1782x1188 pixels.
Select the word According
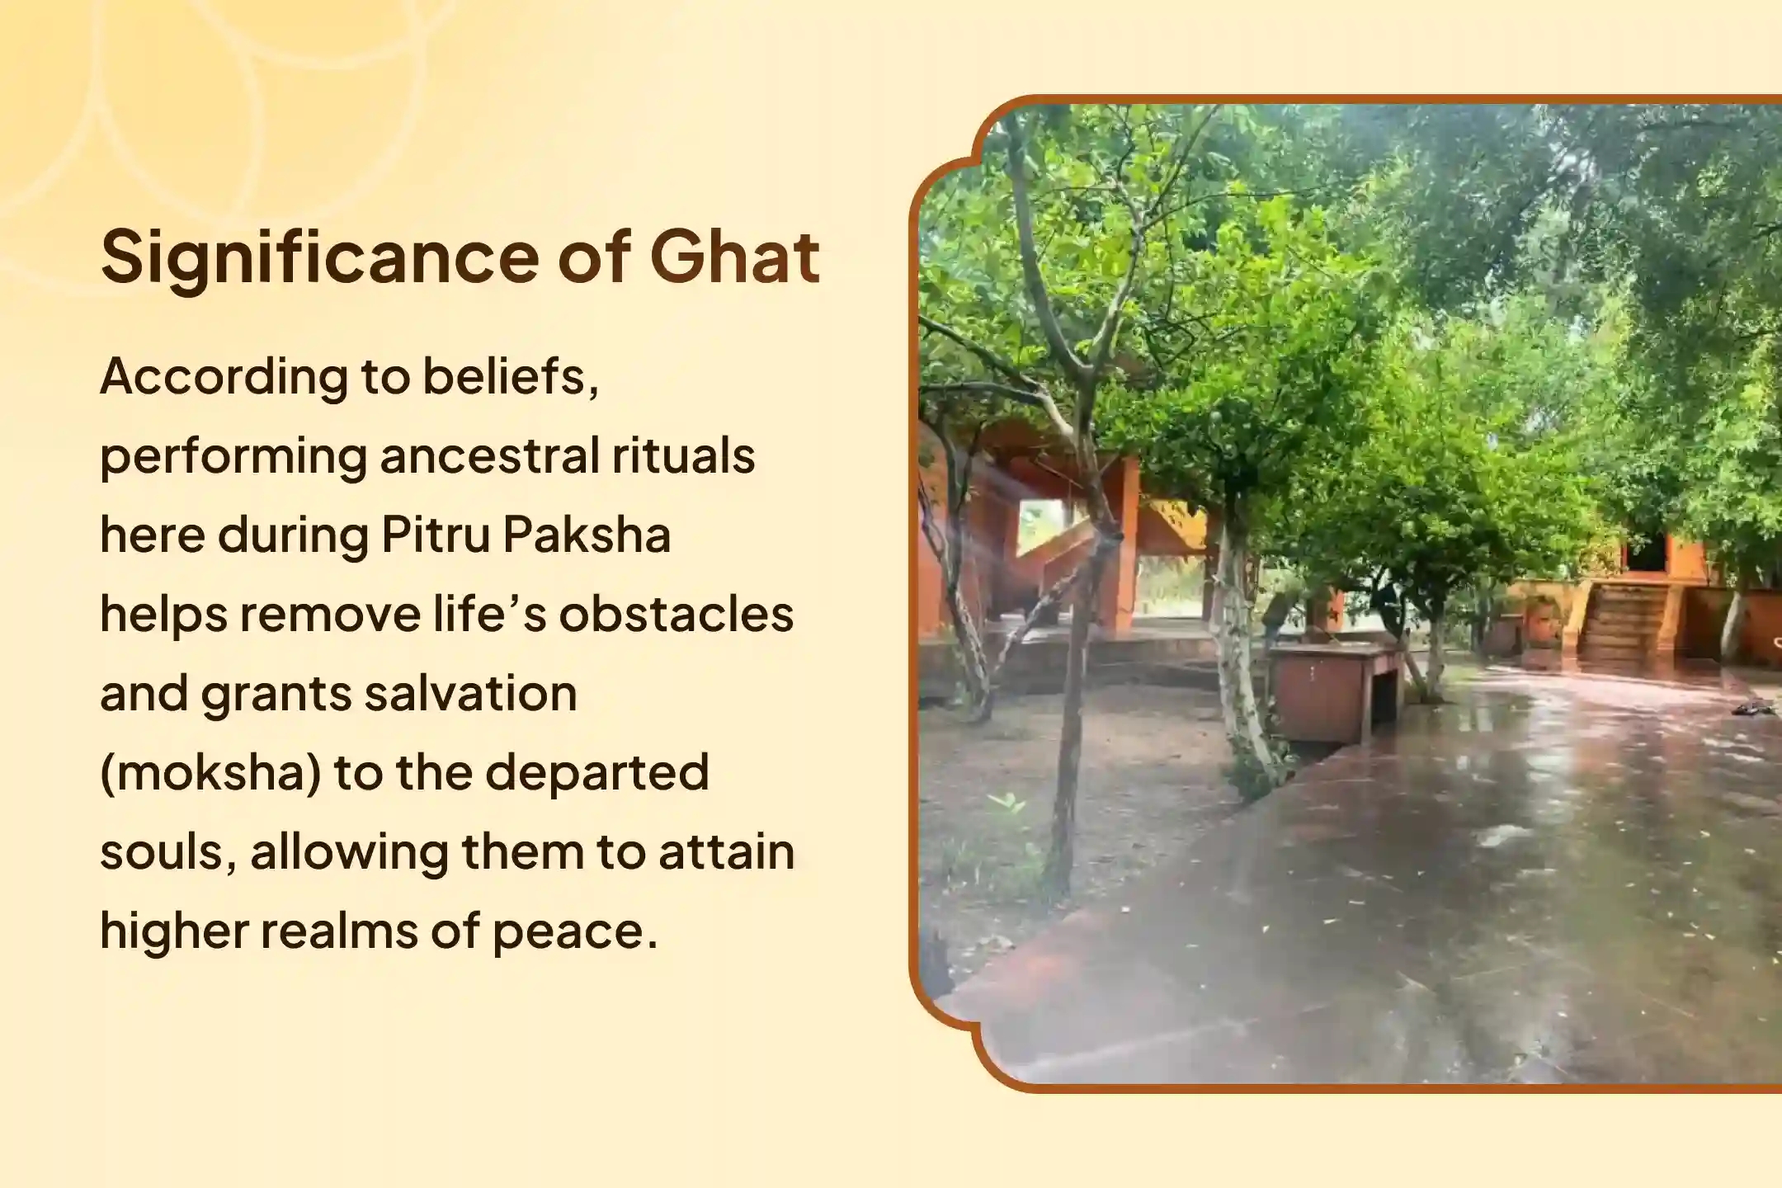pos(224,379)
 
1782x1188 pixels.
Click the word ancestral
pos(489,455)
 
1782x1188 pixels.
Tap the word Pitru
pos(436,534)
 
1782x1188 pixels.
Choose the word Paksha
pos(587,534)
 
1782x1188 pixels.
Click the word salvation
pos(471,692)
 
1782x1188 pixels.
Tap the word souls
pos(169,852)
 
